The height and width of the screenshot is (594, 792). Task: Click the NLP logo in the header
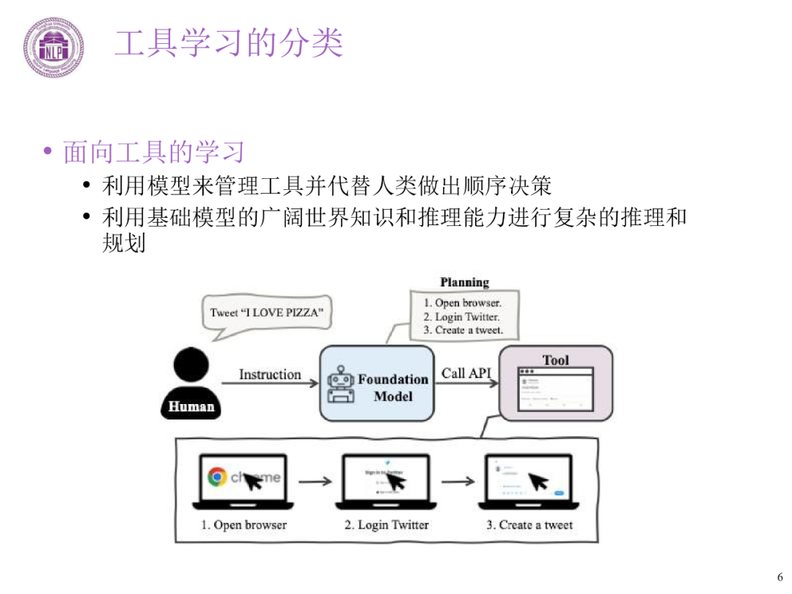pos(52,48)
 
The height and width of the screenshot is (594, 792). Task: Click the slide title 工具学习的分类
pos(229,43)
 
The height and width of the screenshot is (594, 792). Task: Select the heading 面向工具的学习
pos(153,153)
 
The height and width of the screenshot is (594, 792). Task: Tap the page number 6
pos(780,576)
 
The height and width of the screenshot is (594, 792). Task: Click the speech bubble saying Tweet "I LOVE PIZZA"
pos(266,312)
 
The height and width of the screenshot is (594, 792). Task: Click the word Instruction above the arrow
pos(270,375)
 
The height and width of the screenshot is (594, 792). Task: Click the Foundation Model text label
pos(392,388)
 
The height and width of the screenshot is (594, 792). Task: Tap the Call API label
pos(466,373)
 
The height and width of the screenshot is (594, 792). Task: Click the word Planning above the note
pos(464,282)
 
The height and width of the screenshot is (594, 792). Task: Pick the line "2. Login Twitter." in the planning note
pos(461,317)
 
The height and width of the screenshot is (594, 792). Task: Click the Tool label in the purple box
pos(555,360)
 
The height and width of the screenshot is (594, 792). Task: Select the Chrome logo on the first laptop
pos(216,477)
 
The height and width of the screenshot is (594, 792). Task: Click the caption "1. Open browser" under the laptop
pos(243,525)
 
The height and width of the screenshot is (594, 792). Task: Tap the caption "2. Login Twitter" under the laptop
pos(386,525)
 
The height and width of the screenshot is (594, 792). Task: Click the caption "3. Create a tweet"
pos(529,525)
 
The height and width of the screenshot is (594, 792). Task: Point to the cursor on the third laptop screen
pos(539,481)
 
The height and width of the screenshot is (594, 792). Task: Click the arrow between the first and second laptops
pos(315,482)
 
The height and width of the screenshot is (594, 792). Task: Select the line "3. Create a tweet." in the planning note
pos(463,330)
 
